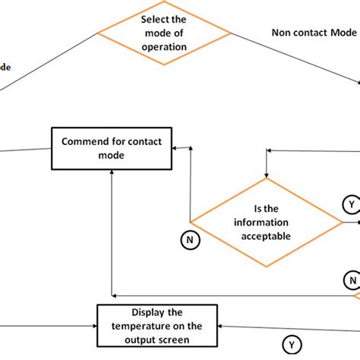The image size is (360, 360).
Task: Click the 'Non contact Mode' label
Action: coord(313,33)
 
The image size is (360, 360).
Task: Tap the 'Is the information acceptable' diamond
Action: coord(266,220)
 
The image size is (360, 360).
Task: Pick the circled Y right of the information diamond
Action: coord(350,205)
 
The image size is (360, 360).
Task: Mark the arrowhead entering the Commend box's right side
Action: coord(174,149)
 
